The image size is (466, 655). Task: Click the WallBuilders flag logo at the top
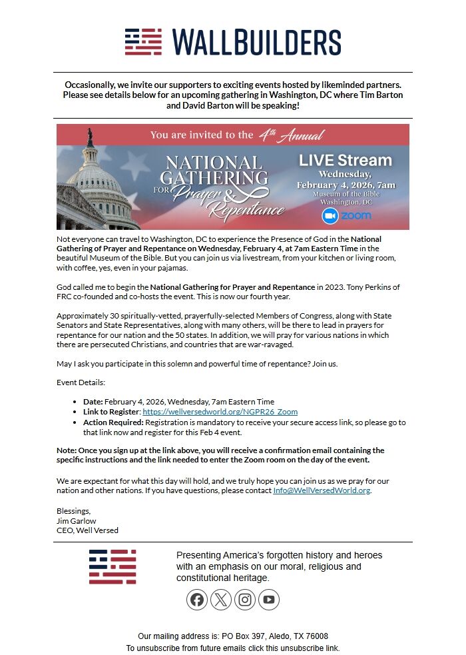(143, 42)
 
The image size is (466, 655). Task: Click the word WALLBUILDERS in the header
(256, 42)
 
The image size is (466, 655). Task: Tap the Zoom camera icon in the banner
(330, 216)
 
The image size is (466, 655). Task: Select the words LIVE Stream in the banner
(345, 160)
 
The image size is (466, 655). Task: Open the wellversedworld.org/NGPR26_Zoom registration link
(220, 412)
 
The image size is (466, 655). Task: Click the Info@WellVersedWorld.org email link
(322, 490)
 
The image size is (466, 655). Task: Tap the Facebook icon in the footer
(198, 600)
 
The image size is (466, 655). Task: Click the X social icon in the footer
(221, 600)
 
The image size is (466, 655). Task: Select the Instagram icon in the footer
(245, 600)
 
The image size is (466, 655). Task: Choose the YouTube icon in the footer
(268, 600)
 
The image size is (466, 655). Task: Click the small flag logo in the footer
(113, 567)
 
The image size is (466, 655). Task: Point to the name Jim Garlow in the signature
(76, 520)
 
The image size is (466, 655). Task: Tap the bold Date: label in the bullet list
(93, 402)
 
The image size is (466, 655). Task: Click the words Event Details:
(81, 382)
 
